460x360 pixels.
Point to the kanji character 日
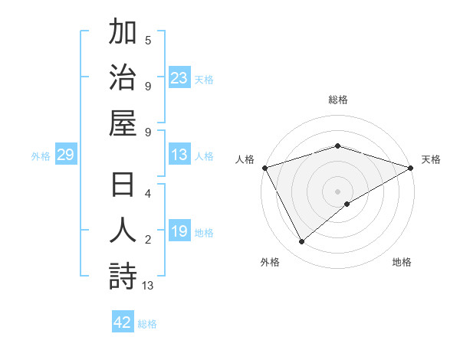(x=123, y=187)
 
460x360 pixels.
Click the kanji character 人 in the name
(x=123, y=231)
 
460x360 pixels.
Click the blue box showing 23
(x=179, y=77)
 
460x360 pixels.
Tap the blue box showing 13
(x=179, y=155)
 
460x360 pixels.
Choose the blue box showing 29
(x=65, y=155)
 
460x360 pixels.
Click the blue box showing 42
(x=123, y=322)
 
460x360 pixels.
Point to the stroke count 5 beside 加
(x=148, y=41)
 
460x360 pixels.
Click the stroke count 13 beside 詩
(x=148, y=286)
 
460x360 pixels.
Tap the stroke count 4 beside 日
(x=148, y=195)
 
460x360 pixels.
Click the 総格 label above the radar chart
(x=337, y=100)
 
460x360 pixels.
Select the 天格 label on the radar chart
(x=431, y=159)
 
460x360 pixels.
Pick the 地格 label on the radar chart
(x=402, y=262)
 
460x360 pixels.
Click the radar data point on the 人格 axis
(x=264, y=168)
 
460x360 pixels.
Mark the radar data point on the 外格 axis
(x=301, y=242)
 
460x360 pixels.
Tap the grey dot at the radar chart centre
(x=337, y=191)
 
